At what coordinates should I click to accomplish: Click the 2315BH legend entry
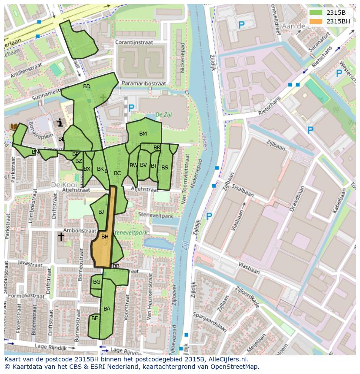(338, 21)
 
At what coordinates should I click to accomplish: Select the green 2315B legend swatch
(317, 13)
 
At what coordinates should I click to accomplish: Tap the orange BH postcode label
(105, 237)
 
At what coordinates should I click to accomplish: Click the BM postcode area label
(143, 133)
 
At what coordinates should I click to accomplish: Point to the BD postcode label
(87, 86)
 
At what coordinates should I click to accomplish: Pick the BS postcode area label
(165, 167)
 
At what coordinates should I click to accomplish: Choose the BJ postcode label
(101, 212)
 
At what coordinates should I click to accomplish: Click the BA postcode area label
(107, 309)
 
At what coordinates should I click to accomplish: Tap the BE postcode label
(95, 318)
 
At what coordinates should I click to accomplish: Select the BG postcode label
(97, 282)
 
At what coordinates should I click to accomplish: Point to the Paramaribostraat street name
(143, 83)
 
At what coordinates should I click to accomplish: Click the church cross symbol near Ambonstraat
(61, 237)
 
